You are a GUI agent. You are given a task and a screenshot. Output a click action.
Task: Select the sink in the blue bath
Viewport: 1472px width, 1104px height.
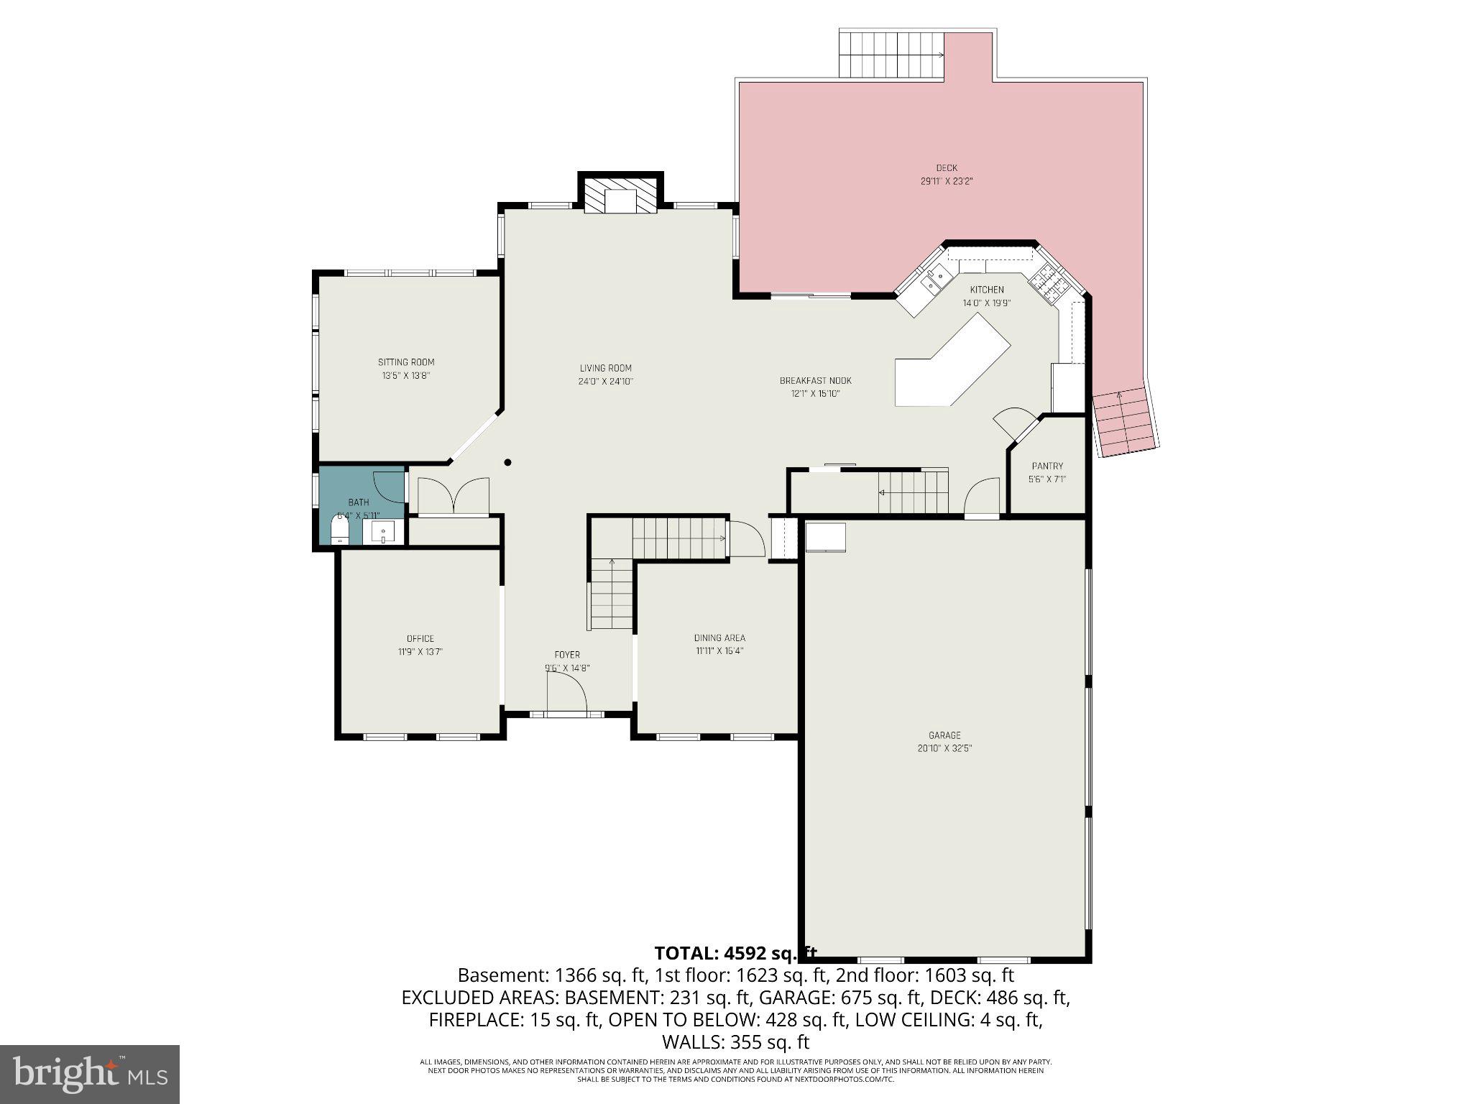click(x=384, y=533)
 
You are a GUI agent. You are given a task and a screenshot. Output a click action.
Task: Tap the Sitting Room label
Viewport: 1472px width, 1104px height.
click(x=406, y=362)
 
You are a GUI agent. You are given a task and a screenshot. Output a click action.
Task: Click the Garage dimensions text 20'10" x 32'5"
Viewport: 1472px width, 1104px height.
click(x=944, y=748)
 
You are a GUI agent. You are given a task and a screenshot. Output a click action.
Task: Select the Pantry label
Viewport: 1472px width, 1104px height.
click(x=1046, y=466)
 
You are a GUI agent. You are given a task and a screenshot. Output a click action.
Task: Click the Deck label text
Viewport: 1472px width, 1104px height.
click(x=947, y=168)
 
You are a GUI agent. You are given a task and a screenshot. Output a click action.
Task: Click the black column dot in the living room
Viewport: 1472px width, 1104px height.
click(x=507, y=462)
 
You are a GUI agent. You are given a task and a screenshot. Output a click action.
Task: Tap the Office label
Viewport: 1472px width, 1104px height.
click(x=420, y=638)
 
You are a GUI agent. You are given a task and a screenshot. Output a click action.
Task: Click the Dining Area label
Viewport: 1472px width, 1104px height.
click(x=719, y=638)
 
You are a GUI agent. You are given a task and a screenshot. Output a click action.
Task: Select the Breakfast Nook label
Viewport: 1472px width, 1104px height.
click(x=815, y=380)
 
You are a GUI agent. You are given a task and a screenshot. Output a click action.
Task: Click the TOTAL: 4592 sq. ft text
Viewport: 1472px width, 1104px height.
click(x=735, y=953)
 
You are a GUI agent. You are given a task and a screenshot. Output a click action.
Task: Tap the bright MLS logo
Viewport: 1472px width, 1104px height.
click(x=90, y=1074)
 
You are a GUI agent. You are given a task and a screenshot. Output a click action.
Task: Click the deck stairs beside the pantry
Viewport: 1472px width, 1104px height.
click(x=1124, y=422)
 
